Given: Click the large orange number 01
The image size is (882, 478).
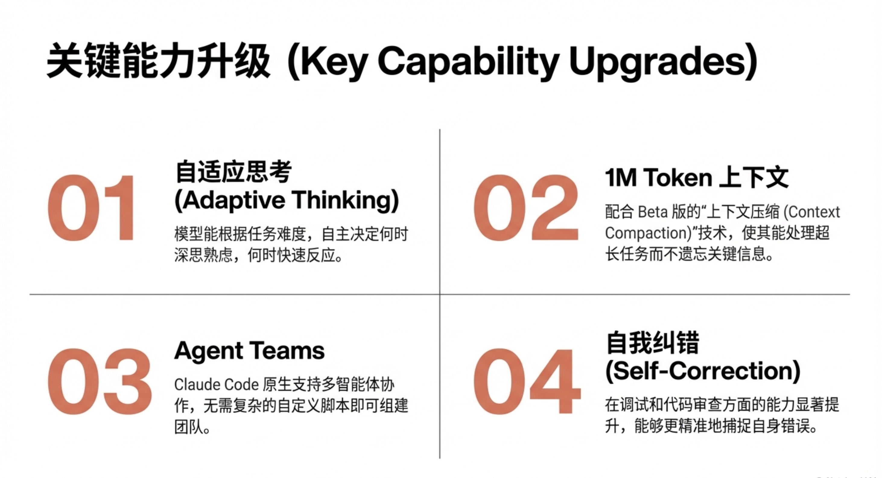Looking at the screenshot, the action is pos(91,208).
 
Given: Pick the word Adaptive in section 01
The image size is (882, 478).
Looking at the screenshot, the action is pos(234,200).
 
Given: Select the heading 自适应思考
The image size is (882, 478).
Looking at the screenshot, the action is pos(233,172).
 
